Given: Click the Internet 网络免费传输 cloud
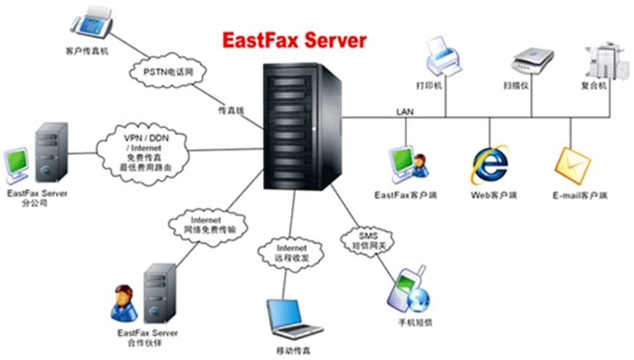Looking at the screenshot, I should coord(205,225).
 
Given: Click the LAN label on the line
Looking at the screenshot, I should coord(405,112).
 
